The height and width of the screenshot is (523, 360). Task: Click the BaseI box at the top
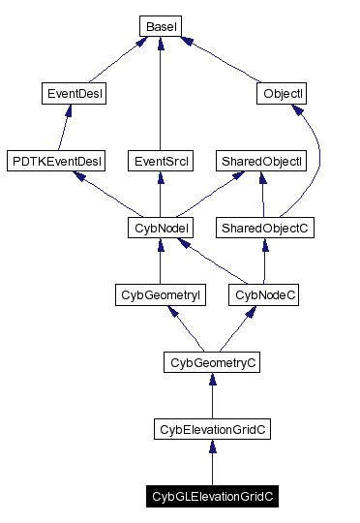click(x=159, y=26)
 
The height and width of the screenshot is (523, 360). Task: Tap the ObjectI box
click(x=284, y=94)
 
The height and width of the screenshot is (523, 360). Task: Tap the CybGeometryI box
click(x=159, y=294)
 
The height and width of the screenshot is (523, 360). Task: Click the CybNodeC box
click(x=262, y=294)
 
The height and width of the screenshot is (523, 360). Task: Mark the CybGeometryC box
click(x=211, y=362)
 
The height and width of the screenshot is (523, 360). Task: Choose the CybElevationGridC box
click(x=211, y=428)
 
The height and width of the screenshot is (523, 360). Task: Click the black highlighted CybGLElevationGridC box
click(x=212, y=496)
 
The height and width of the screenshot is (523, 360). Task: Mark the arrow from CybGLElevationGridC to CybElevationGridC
click(x=212, y=462)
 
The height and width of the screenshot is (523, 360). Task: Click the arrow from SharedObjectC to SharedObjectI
click(x=262, y=195)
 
